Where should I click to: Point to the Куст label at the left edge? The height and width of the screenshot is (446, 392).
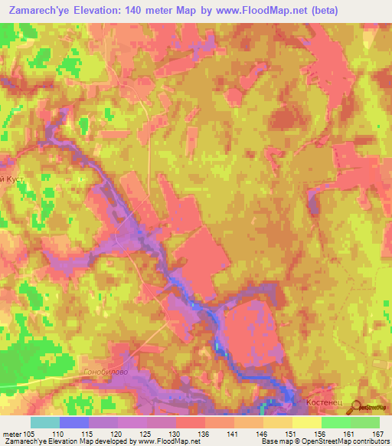tap(17, 177)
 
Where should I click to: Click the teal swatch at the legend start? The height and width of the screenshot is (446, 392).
tap(44, 422)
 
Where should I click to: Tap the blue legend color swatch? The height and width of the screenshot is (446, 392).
tap(73, 422)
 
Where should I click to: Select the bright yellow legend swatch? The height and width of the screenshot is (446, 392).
tap(306, 422)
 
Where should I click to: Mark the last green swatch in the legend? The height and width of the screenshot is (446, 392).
tap(364, 422)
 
